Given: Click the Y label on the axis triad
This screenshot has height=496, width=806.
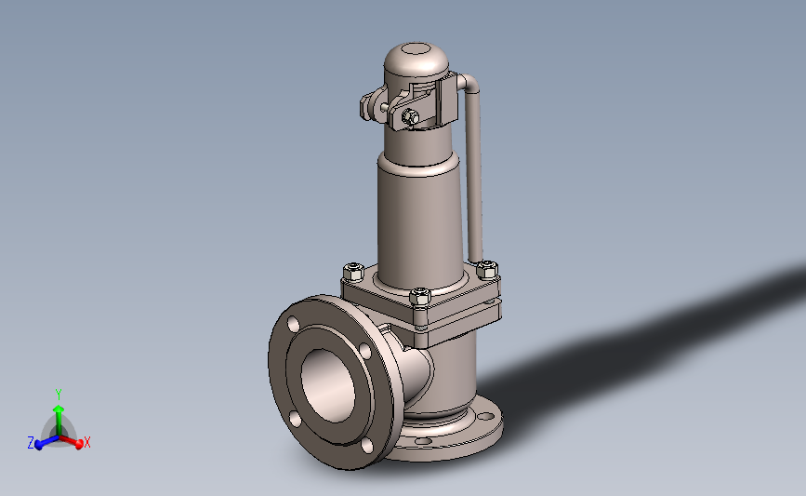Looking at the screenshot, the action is point(58,395).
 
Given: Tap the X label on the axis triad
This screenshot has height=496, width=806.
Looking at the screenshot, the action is point(86,442).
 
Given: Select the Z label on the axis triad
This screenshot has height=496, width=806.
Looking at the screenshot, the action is point(31,442).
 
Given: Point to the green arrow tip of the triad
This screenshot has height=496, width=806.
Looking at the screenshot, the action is point(59,409).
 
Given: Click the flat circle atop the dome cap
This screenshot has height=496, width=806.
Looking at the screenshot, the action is point(416,49).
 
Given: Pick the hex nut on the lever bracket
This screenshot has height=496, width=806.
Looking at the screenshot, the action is point(410,117).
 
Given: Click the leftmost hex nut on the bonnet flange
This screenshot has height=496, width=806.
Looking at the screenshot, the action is point(354,271).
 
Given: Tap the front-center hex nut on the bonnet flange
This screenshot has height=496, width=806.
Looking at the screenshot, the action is point(420,296).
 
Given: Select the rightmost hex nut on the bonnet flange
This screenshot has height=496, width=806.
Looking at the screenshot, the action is point(486,269).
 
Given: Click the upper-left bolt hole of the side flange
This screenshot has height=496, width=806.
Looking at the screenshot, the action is point(293,325).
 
